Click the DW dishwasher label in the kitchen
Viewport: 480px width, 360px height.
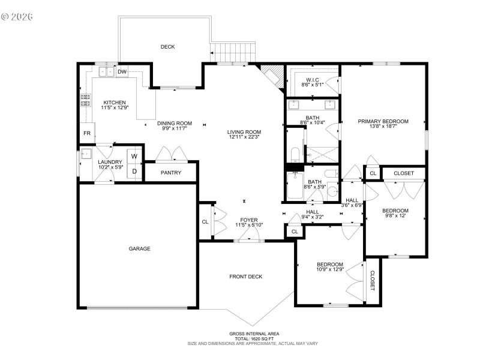(122, 72)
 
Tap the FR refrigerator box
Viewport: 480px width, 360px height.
(86, 133)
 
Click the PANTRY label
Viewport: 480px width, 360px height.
(171, 173)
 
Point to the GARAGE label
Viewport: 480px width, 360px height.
(139, 248)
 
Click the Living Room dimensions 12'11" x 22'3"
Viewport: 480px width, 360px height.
(244, 138)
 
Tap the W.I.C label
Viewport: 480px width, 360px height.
(312, 80)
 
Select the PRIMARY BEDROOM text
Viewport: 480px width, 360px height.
(383, 121)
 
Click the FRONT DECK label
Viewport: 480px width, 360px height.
(246, 277)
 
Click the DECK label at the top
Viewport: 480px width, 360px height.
(167, 47)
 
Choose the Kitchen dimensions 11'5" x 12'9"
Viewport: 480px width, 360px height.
(114, 108)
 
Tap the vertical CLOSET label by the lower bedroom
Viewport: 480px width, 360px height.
(372, 281)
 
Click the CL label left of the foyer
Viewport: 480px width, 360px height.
(205, 221)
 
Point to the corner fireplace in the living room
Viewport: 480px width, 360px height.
(271, 76)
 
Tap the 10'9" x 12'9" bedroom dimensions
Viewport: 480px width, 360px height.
(330, 270)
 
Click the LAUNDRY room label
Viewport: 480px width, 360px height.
(110, 161)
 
